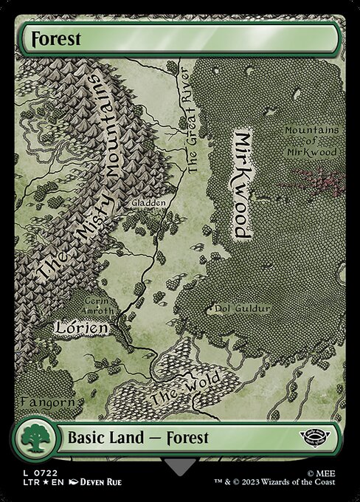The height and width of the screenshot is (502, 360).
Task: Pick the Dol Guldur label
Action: [240, 309]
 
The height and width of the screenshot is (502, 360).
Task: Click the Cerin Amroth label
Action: [98, 306]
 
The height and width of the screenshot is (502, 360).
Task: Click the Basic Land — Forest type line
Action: [139, 437]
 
